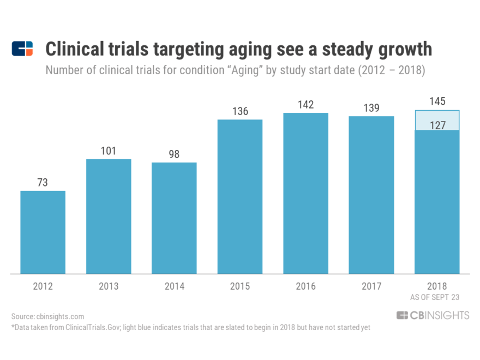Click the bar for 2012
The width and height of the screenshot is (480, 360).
point(43,232)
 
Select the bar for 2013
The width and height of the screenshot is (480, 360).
point(109,216)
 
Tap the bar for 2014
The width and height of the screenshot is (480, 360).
point(174,218)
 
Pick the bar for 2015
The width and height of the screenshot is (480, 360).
point(240,196)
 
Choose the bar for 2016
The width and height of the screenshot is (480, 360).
point(305,193)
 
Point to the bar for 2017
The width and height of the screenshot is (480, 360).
point(371,195)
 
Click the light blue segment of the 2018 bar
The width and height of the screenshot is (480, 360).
point(437,120)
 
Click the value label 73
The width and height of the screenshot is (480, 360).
point(43,183)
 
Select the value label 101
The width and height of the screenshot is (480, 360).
point(109,151)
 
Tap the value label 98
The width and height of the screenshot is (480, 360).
point(174,154)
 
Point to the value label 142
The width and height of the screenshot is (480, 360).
point(305,105)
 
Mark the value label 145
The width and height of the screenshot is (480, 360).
point(437,101)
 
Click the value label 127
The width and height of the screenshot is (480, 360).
point(437,125)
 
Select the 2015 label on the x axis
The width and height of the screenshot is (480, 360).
point(240,286)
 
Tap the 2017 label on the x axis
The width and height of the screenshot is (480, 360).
point(371,286)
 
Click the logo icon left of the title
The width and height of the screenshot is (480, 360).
point(22,49)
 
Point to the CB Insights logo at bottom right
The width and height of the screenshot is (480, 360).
point(433,315)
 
